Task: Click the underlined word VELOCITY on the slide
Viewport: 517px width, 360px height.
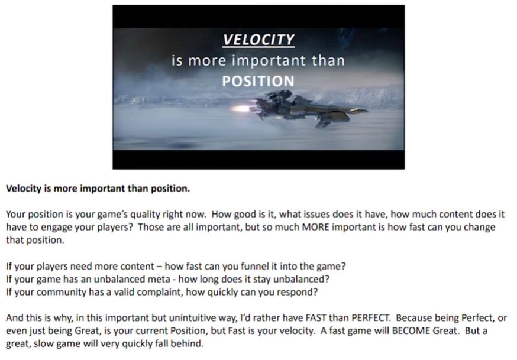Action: coord(258,40)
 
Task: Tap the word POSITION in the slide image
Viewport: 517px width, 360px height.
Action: coord(258,82)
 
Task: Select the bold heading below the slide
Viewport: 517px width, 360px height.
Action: coord(98,189)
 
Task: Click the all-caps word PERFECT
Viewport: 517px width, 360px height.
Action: coord(371,318)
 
